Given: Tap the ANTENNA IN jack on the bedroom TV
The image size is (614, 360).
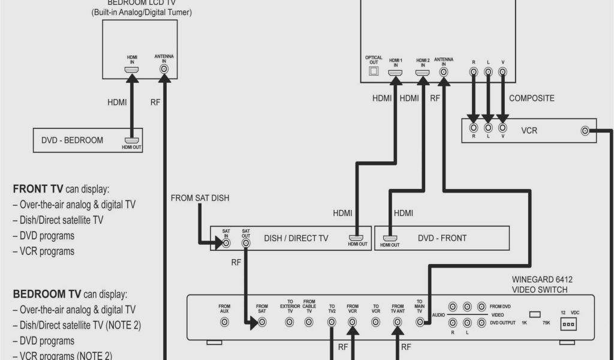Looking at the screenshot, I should pos(164,69).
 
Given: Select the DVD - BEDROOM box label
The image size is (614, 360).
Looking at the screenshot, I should pos(72,140).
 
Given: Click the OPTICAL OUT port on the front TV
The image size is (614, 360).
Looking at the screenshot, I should pos(373,72).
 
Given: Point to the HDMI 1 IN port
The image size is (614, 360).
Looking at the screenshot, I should pos(395,73).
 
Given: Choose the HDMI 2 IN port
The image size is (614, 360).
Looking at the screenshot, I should pos(423,73).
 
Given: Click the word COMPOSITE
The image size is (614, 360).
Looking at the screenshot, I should pos(531,98).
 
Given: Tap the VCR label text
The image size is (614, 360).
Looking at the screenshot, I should pos(529,130).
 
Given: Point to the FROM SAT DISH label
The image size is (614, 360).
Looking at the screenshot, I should pos(200,198).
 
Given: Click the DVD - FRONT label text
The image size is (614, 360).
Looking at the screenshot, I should pos(442,238).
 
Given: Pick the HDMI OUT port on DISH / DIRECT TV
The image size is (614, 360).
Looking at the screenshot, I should pos(357,238).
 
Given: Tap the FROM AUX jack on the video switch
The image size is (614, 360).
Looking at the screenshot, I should pos(224,322).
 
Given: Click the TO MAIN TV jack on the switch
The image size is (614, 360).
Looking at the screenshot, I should pos(420,322).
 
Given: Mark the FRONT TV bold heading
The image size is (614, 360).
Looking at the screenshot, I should pos(38,188).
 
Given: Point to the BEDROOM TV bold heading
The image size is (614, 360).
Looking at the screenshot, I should pos(47,294).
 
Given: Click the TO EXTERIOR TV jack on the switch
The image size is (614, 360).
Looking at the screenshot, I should pos(290,322).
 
